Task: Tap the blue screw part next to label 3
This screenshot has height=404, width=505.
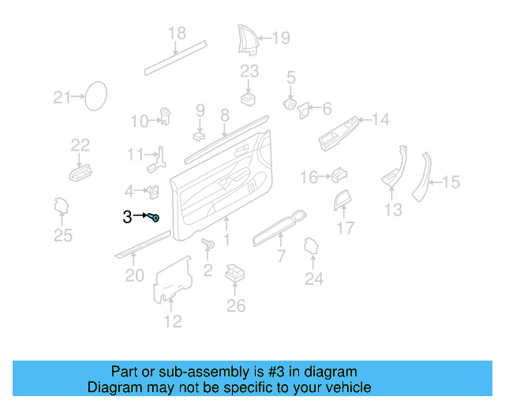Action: [x=154, y=217]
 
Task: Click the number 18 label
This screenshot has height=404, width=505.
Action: [x=177, y=33]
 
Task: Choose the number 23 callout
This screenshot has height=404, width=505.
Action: [x=249, y=72]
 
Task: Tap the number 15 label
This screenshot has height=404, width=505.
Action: [x=451, y=183]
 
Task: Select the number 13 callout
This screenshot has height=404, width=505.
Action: [x=393, y=210]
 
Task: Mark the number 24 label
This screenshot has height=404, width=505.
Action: [x=314, y=279]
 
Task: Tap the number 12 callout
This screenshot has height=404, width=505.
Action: [x=173, y=321]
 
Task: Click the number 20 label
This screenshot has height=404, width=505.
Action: [x=135, y=275]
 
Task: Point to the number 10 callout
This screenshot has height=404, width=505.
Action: [x=139, y=122]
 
